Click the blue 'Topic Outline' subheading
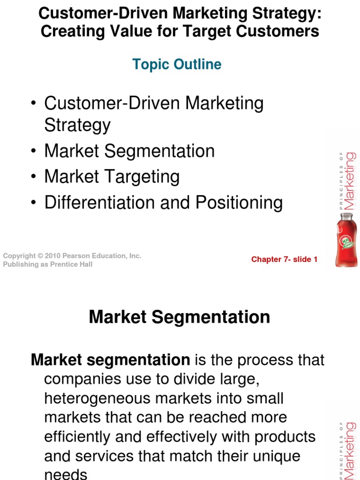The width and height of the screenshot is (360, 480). point(177,64)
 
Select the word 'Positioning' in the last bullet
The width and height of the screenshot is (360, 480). point(239,202)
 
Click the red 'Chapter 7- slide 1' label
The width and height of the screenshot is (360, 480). point(284,259)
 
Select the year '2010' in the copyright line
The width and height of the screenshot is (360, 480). point(54,256)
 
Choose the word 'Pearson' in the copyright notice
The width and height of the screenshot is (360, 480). point(81,256)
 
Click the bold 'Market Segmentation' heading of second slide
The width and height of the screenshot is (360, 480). point(180,317)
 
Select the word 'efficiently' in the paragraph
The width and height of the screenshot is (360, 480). point(82,436)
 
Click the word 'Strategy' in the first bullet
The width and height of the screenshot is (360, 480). point(77,125)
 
